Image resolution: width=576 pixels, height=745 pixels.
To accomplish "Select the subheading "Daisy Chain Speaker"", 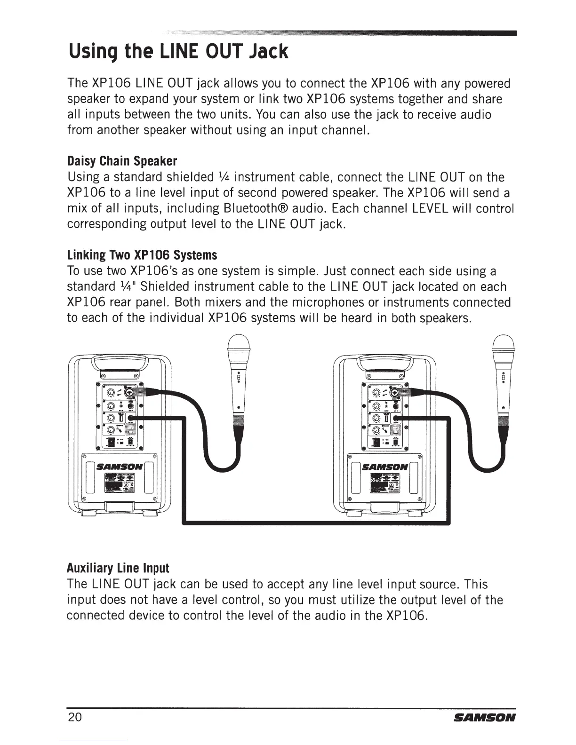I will tap(122, 161).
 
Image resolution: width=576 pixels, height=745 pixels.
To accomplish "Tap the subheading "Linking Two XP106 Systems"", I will tap(142, 255).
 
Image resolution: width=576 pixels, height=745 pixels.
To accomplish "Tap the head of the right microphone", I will tap(504, 346).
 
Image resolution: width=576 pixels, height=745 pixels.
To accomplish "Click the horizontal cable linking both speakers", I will tap(315, 522).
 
